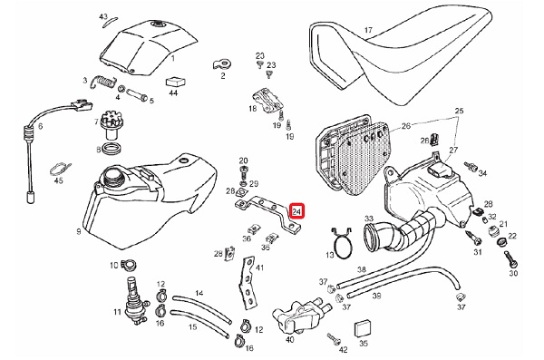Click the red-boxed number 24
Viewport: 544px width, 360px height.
pyautogui.click(x=297, y=211)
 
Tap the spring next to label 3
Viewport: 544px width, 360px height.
pyautogui.click(x=102, y=82)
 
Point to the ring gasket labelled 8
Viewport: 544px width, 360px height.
pyautogui.click(x=113, y=148)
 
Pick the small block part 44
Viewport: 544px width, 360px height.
pyautogui.click(x=176, y=82)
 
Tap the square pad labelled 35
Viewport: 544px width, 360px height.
pyautogui.click(x=362, y=327)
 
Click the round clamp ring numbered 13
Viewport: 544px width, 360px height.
pyautogui.click(x=342, y=243)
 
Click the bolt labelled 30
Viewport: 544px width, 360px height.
pyautogui.click(x=510, y=258)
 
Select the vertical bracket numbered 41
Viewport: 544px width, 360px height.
pyautogui.click(x=248, y=283)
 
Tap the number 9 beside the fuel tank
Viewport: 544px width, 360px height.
pyautogui.click(x=79, y=231)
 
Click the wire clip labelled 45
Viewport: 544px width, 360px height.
pyautogui.click(x=60, y=168)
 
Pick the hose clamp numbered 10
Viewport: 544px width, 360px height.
pyautogui.click(x=129, y=265)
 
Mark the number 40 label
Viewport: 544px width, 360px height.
pyautogui.click(x=290, y=339)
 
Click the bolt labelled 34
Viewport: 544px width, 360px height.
pyautogui.click(x=470, y=166)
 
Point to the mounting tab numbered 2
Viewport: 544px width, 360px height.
pyautogui.click(x=221, y=64)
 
